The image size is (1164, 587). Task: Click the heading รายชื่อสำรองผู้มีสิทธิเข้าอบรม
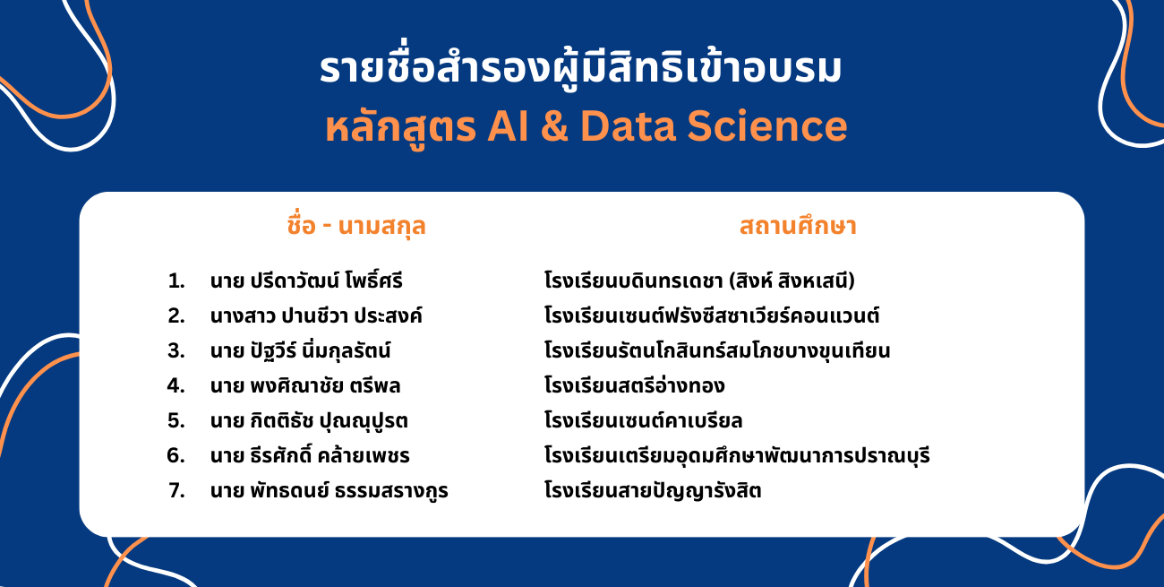tap(580, 69)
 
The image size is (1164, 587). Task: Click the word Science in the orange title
tap(767, 126)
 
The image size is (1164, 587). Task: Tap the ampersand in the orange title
tap(554, 126)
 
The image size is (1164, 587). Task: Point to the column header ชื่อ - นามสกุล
tap(356, 227)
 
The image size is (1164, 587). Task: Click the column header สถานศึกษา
tap(798, 227)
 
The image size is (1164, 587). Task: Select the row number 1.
tap(176, 281)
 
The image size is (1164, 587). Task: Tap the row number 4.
tap(176, 385)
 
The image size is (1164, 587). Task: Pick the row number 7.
tap(176, 491)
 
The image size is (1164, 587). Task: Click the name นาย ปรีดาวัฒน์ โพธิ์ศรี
tap(306, 281)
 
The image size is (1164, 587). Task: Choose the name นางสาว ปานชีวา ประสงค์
tap(316, 315)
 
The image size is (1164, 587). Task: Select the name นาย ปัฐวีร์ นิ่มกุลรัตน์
tap(300, 350)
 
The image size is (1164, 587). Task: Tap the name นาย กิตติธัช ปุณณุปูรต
tap(309, 420)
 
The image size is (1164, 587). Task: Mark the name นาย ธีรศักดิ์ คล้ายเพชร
tap(310, 455)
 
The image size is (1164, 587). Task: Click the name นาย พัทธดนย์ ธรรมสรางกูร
tap(329, 490)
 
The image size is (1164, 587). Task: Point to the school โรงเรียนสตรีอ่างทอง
tap(635, 385)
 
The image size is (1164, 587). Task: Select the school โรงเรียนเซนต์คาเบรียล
tap(643, 420)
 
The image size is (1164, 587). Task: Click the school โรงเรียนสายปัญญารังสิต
tap(653, 490)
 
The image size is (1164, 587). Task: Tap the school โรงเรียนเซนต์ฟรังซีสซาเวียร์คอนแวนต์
tap(712, 315)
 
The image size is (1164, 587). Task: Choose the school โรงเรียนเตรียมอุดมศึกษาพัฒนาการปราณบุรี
tap(737, 455)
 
